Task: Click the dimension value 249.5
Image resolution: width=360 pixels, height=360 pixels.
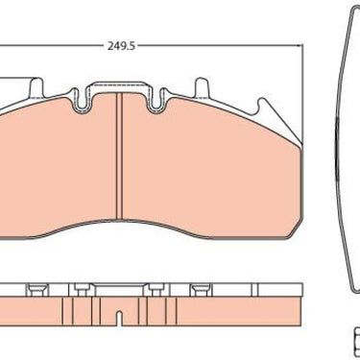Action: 121,46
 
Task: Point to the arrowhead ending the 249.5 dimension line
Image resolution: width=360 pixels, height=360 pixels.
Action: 300,46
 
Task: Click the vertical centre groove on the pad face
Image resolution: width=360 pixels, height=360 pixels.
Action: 119,156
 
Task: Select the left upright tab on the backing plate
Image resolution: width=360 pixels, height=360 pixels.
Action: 36,87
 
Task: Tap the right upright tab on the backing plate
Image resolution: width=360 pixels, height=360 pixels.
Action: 202,86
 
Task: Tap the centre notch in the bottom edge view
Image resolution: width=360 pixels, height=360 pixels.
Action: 119,318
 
